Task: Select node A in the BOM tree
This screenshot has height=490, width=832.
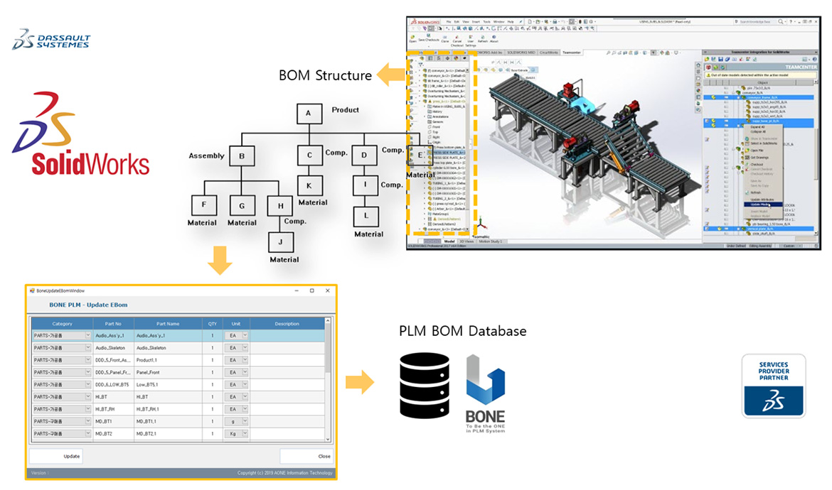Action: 309,114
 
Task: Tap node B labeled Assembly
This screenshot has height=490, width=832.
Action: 242,156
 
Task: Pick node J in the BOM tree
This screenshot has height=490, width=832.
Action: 281,242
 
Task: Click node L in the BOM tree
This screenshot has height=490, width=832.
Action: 366,215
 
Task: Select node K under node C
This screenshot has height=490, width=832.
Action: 309,185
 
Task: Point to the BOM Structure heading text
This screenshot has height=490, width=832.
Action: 325,75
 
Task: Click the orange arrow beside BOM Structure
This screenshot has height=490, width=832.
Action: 390,75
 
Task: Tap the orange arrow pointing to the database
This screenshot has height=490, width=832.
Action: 360,383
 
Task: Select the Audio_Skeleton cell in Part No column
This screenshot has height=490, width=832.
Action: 110,348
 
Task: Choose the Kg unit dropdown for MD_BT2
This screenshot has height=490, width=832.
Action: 235,433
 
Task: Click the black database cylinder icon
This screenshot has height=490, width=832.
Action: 425,384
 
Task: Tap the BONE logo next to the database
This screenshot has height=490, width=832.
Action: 485,394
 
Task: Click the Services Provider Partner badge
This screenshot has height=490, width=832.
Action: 774,385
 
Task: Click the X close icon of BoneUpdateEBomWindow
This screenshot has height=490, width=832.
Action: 327,290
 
